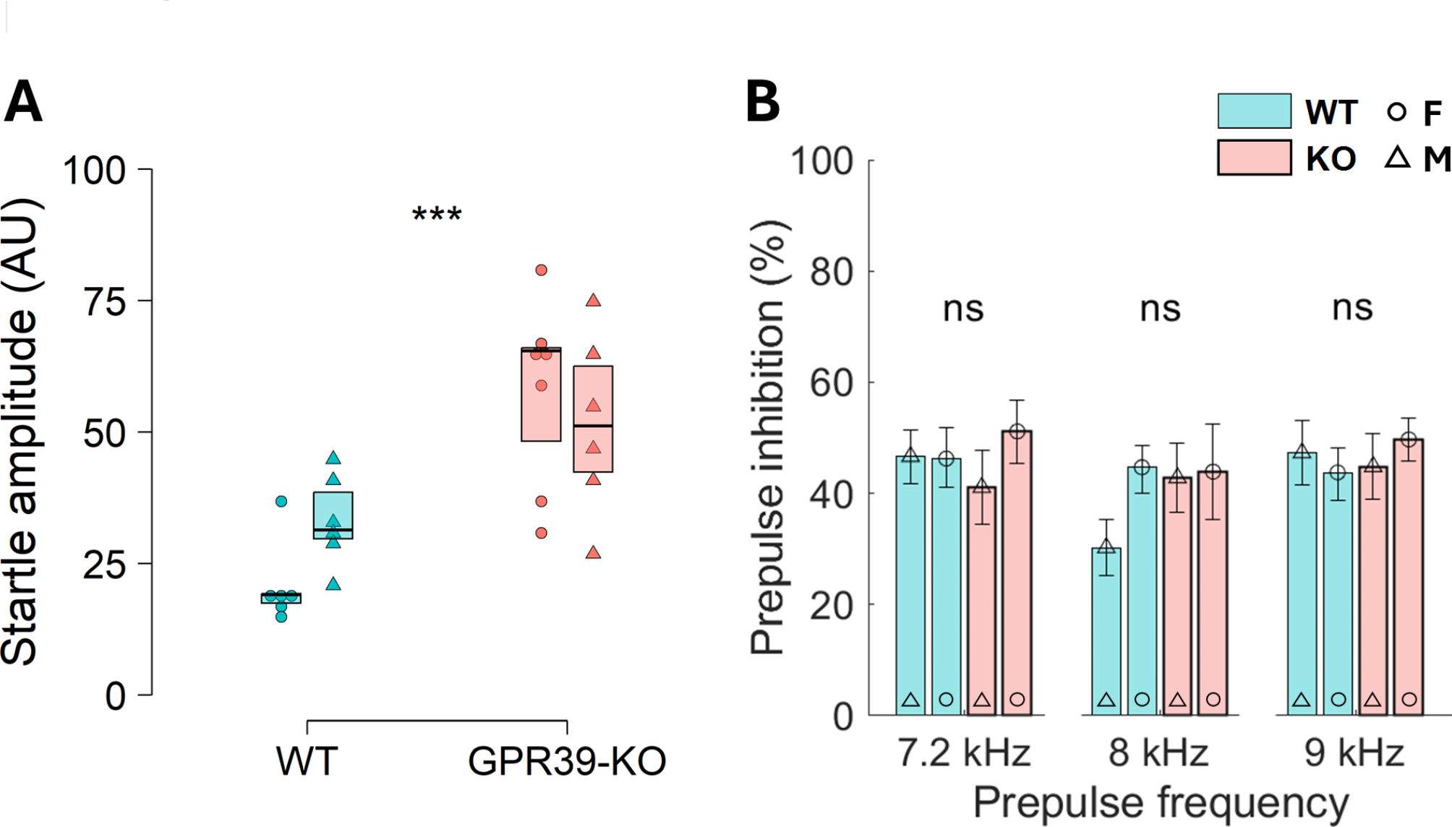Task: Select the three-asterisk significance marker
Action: tap(437, 215)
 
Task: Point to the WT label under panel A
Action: tap(307, 760)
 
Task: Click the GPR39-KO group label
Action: tap(567, 760)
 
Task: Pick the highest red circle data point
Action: tap(541, 270)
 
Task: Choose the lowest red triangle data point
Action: tap(593, 553)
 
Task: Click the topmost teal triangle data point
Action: tap(333, 458)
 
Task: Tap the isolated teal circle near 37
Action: tap(281, 501)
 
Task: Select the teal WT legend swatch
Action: tap(1254, 111)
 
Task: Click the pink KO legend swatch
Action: tap(1254, 158)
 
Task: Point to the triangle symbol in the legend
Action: tap(1397, 158)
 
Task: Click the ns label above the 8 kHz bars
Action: tap(1160, 309)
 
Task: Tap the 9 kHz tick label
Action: tap(1354, 753)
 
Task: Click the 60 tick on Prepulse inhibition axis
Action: tap(831, 383)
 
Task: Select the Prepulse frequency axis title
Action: tap(1161, 802)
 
